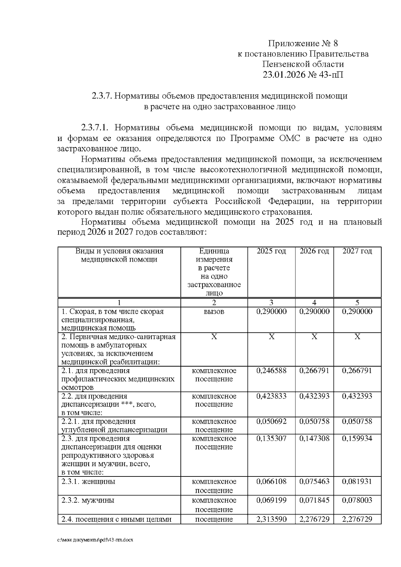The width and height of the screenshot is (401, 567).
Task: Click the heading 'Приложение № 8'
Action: coord(303,43)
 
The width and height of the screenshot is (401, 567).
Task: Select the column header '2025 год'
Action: coord(271,251)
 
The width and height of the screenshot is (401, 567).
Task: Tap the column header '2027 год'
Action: coord(357,251)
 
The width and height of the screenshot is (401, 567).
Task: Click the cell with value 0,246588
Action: coord(271,371)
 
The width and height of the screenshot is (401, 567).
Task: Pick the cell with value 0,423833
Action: coord(271,396)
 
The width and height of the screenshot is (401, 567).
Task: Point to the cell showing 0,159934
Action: coord(357,438)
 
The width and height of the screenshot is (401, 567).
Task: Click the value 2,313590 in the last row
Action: coord(271,519)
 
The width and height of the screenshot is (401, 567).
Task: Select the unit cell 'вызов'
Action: coord(214,311)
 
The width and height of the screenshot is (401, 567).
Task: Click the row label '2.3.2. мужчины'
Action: coord(88,500)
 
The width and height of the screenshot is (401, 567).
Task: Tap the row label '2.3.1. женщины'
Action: coord(89,481)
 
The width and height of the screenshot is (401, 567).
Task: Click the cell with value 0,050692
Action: coord(271,421)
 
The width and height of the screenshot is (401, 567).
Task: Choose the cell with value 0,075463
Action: coord(314,481)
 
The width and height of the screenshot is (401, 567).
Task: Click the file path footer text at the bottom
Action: coord(95,540)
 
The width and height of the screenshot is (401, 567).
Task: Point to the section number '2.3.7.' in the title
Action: coord(102,96)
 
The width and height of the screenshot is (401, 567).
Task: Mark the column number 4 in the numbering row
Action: coord(314,303)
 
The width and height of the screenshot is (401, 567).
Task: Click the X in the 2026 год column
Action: coord(314,337)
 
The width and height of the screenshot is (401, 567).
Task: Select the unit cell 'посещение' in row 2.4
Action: coord(214,519)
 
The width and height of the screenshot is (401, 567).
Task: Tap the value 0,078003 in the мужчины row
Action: coord(357,500)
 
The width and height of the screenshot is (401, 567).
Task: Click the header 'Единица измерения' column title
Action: coord(214,255)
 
